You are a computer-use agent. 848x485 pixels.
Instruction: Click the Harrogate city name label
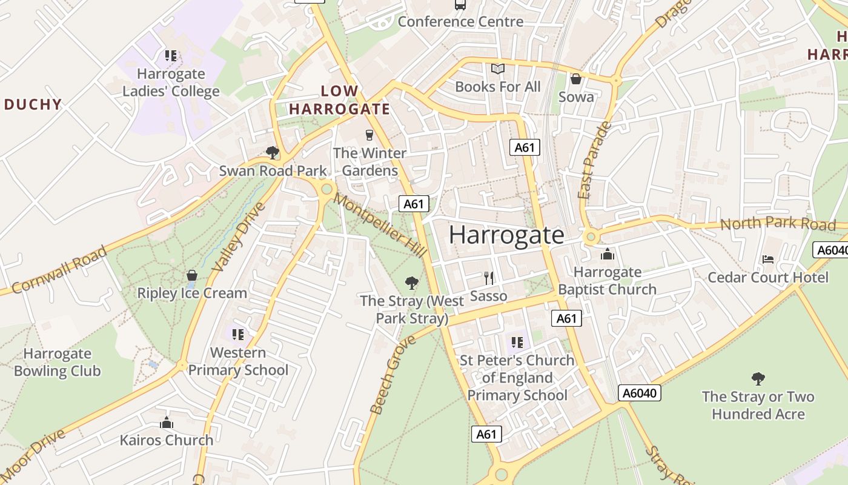pos(506,235)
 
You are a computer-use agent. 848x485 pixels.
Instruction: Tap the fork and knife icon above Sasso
pos(489,278)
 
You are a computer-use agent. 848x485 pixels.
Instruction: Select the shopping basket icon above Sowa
pos(576,79)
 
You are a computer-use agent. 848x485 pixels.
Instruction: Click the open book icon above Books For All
pos(498,69)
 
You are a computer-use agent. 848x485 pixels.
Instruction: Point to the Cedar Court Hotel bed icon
pos(768,259)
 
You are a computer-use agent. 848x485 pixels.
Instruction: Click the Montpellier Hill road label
pos(372,218)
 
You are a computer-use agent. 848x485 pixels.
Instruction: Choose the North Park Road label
pos(778,223)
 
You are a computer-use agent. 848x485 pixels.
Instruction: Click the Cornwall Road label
pos(59,270)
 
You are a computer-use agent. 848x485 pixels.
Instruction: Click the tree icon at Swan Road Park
pos(273,152)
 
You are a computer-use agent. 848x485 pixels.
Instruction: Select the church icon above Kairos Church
pos(167,423)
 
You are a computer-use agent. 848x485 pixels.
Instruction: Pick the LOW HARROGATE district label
pos(339,101)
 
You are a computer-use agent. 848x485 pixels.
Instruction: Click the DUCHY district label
pos(33,104)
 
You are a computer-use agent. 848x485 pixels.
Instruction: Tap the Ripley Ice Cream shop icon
pos(192,276)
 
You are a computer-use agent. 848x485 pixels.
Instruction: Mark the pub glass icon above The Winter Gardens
pos(369,135)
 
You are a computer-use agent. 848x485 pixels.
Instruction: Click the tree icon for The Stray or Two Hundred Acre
pos(758,379)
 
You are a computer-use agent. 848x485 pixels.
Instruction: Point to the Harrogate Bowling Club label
pos(57,362)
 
